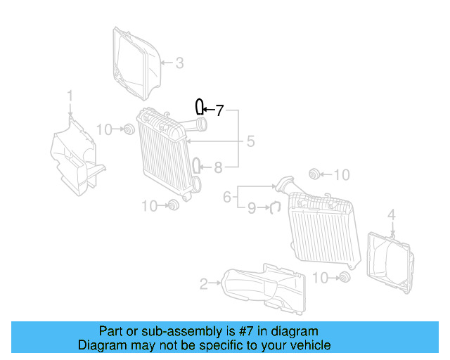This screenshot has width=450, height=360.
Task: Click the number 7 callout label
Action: click(x=219, y=110)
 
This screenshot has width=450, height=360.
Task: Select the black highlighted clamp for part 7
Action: click(x=200, y=107)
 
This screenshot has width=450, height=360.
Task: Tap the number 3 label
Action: click(x=179, y=63)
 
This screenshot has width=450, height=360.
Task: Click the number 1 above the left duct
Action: click(x=70, y=95)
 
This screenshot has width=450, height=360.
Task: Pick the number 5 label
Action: click(x=250, y=142)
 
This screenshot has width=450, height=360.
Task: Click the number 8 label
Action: click(x=218, y=167)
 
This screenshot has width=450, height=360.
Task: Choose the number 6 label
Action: click(x=227, y=198)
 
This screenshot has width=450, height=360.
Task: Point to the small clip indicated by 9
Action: click(x=276, y=207)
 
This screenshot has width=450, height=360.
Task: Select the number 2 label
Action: click(x=203, y=284)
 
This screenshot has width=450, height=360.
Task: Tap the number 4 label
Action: click(x=392, y=214)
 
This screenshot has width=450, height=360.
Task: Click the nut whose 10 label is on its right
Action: click(x=314, y=174)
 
